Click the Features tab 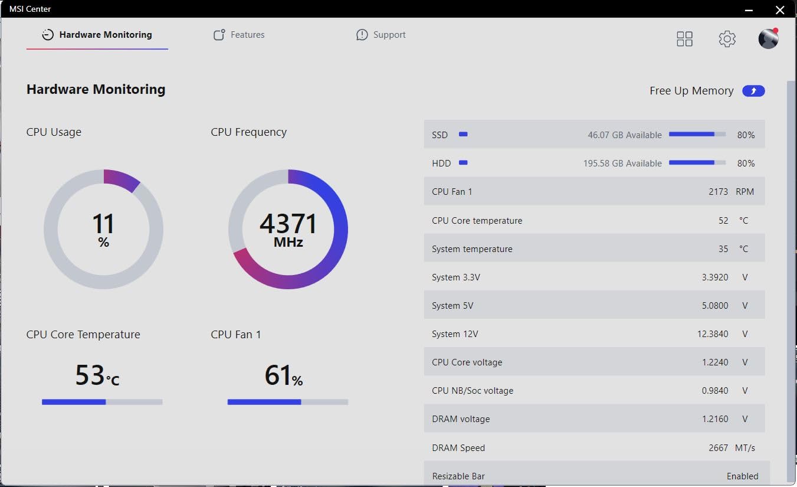click(239, 35)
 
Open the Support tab click(381, 35)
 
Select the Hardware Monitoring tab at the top click(97, 35)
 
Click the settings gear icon click(727, 39)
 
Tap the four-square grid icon click(684, 39)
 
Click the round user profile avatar click(768, 39)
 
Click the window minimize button click(749, 9)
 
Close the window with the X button click(780, 9)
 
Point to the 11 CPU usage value click(103, 224)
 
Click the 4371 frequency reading click(288, 224)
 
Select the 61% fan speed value click(278, 375)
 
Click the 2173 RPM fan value click(718, 192)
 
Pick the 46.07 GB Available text click(624, 135)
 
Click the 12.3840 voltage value click(713, 334)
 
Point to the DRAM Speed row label click(458, 448)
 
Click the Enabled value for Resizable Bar click(742, 476)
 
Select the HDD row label click(441, 164)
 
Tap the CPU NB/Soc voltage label click(473, 391)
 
